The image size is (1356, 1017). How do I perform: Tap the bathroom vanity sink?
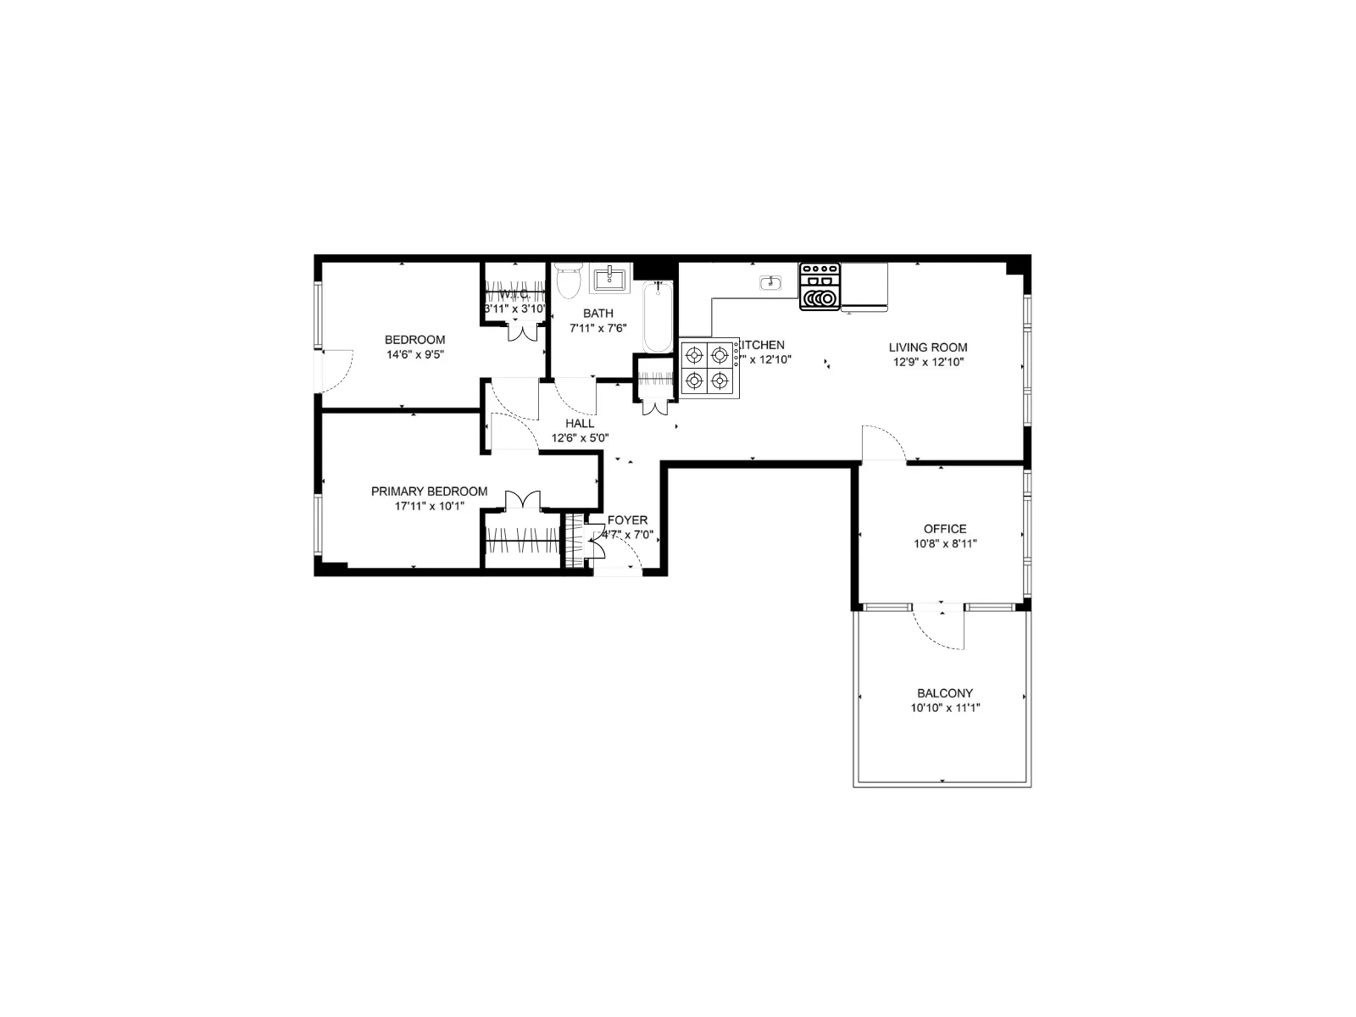[x=609, y=278]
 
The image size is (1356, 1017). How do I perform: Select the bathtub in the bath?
[x=657, y=318]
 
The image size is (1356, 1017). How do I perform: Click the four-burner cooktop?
[x=709, y=368]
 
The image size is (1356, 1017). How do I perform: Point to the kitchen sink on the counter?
[x=770, y=283]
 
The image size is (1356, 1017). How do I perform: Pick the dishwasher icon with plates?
[x=820, y=287]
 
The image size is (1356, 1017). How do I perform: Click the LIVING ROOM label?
[x=928, y=347]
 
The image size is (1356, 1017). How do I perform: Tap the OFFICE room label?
[x=945, y=529]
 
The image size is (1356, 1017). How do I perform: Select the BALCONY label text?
[x=945, y=692]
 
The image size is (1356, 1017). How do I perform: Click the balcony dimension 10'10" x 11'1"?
[x=945, y=708]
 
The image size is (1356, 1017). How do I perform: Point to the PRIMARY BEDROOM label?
[x=429, y=492]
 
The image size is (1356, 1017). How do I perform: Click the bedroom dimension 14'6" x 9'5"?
[x=414, y=355]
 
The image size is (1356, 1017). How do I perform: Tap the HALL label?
[x=580, y=423]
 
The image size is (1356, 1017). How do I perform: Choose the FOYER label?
[x=627, y=520]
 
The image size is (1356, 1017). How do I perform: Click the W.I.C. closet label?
[x=514, y=294]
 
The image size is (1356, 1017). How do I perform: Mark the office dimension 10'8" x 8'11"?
[x=945, y=544]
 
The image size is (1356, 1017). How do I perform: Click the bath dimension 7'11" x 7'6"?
[x=597, y=329]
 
